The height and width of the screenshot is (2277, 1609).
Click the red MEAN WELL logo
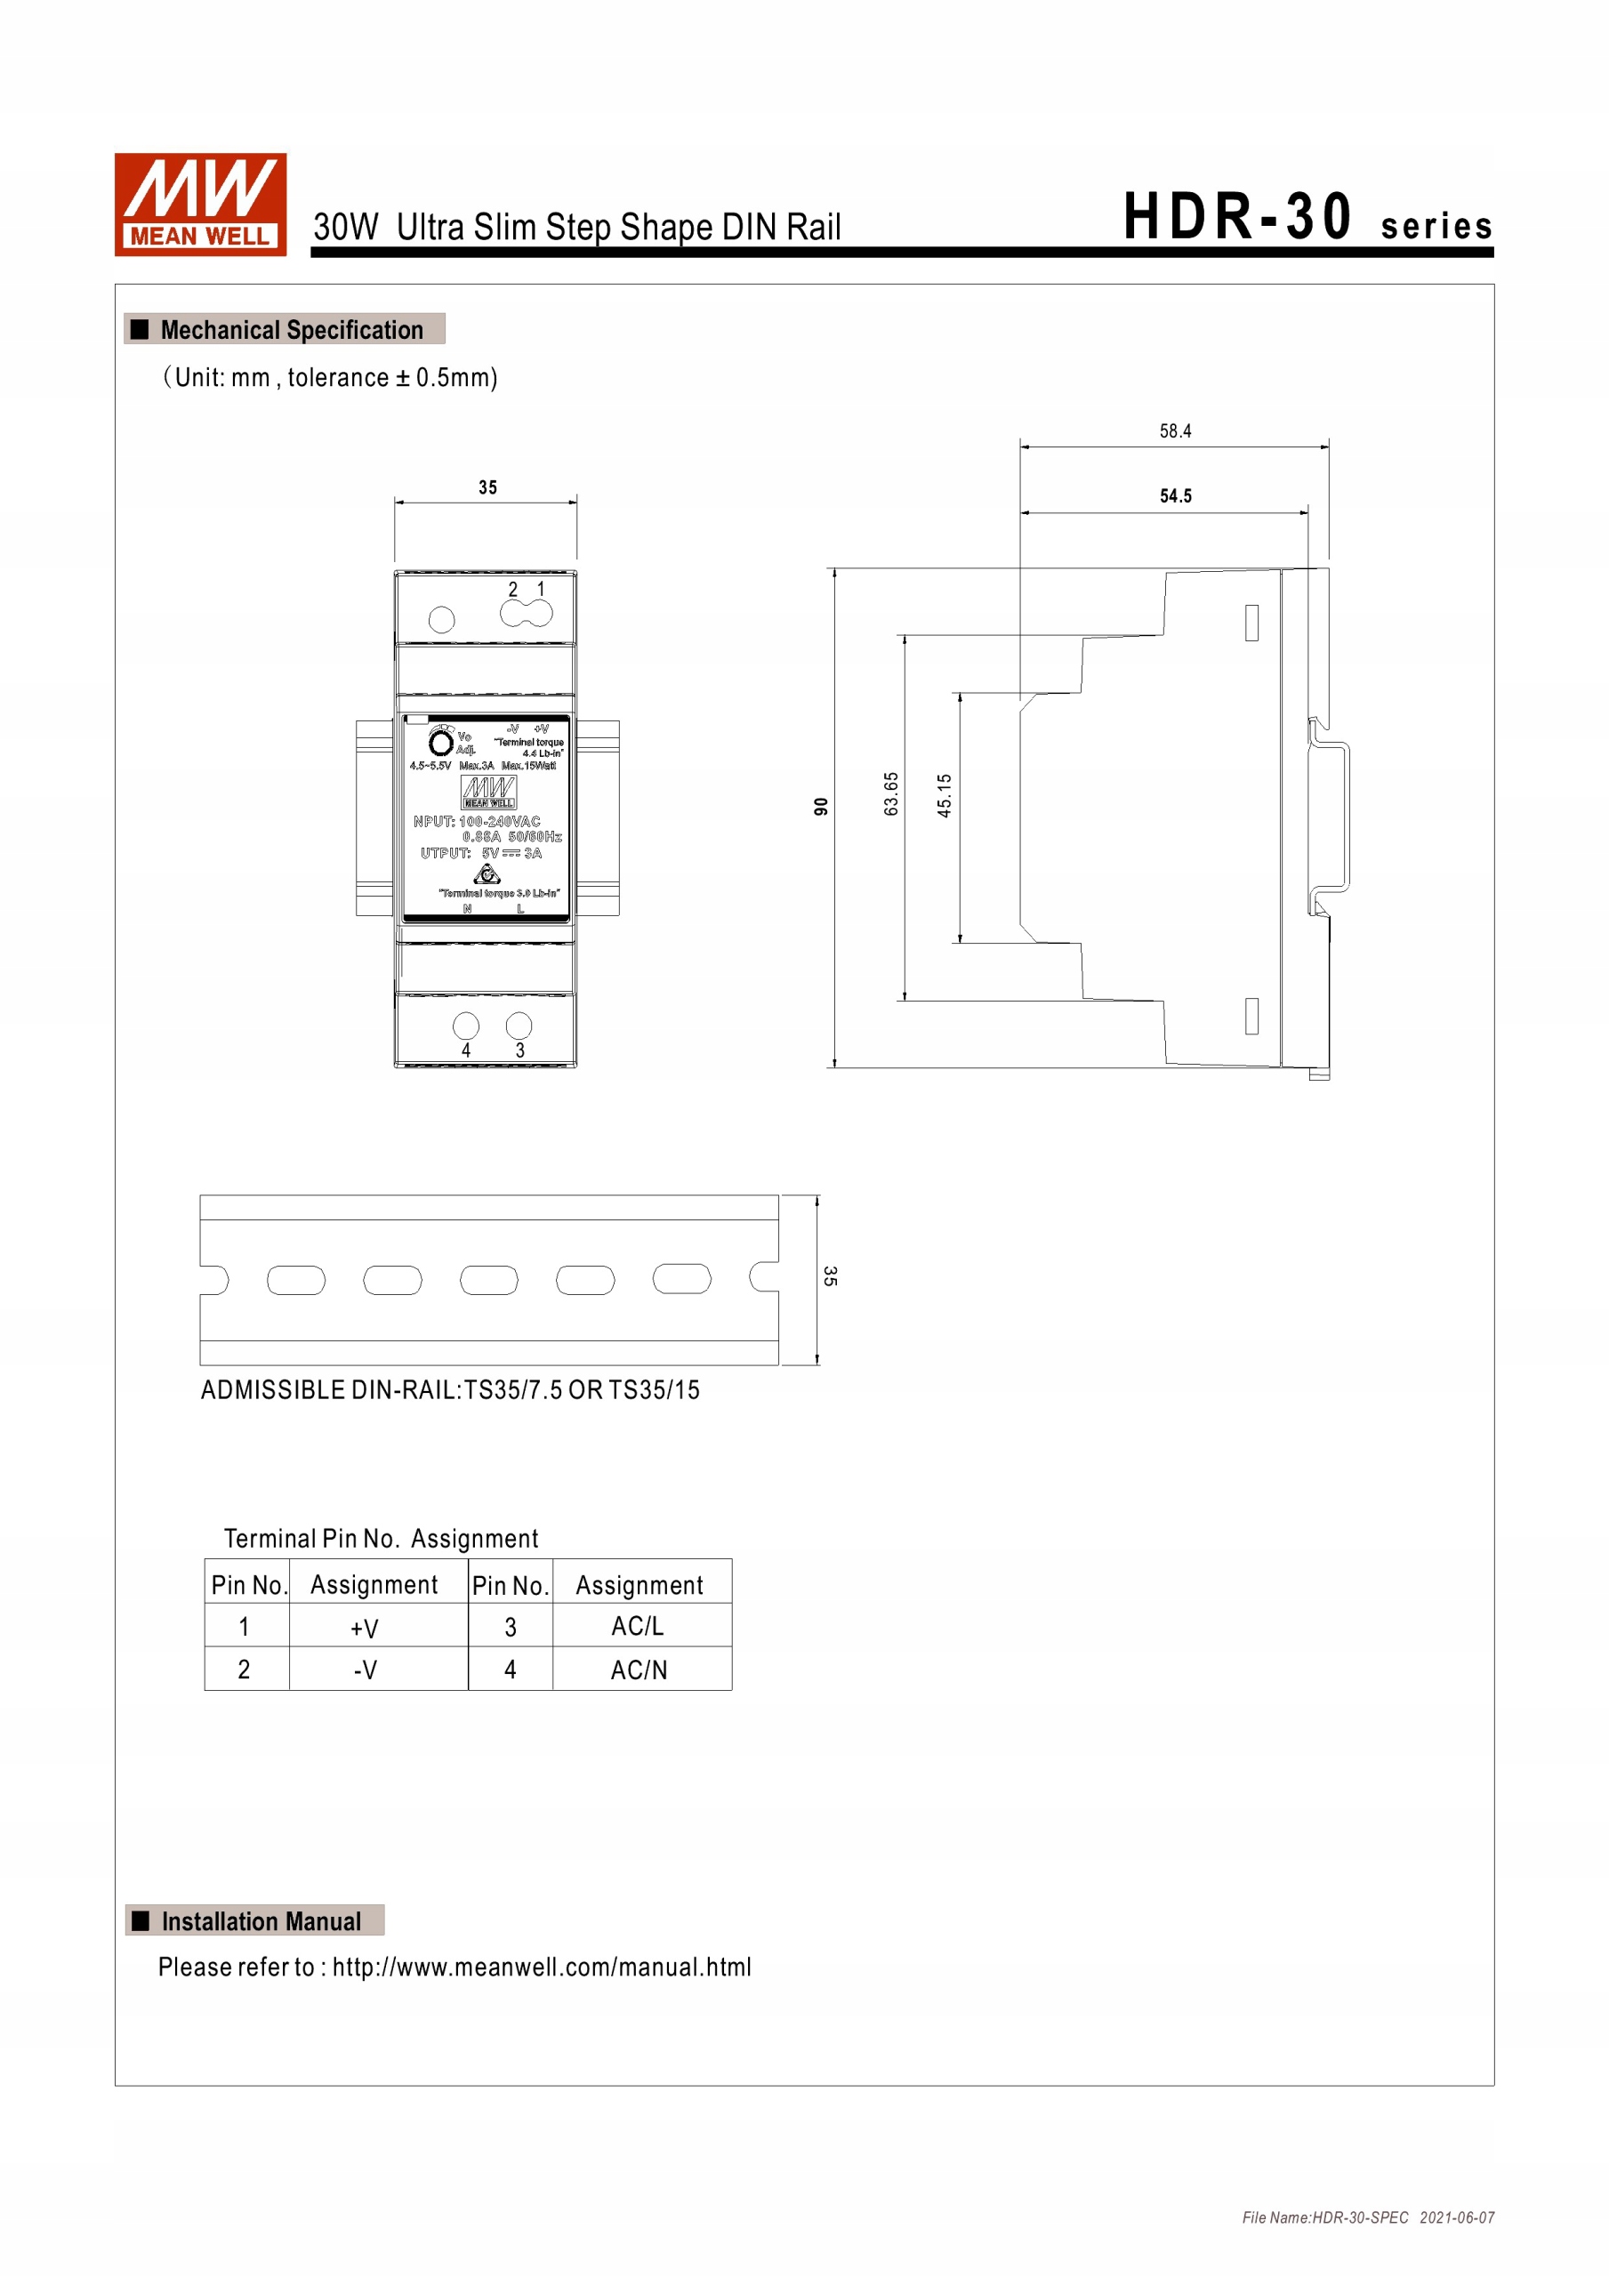pos(200,205)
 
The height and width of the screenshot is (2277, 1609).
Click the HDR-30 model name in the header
pos(1237,217)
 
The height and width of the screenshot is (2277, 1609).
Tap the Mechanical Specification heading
pos(291,330)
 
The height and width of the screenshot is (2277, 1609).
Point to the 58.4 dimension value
pos(1175,431)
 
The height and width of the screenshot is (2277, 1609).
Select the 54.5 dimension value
pos(1176,495)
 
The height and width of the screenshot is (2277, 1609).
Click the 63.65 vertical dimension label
pos(891,794)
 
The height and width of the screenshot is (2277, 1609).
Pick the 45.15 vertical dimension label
pos(945,795)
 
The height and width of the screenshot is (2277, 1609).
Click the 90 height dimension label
pos(820,806)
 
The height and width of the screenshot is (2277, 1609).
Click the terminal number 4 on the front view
pos(465,1050)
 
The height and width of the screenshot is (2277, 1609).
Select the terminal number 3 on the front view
pos(519,1050)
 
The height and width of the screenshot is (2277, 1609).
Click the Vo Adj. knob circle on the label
pos(440,743)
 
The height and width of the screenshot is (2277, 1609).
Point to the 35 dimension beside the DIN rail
pos(830,1276)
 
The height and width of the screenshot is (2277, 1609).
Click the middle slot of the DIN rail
pos(489,1280)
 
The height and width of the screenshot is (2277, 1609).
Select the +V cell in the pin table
pos(364,1629)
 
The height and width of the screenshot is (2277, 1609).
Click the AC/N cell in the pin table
pos(639,1671)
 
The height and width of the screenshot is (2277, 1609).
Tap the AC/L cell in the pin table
pos(638,1628)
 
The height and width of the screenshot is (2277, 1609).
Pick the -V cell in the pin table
pos(364,1671)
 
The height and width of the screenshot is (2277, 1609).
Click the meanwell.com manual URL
pos(541,1967)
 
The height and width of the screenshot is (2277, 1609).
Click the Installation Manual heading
pos(260,1922)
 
